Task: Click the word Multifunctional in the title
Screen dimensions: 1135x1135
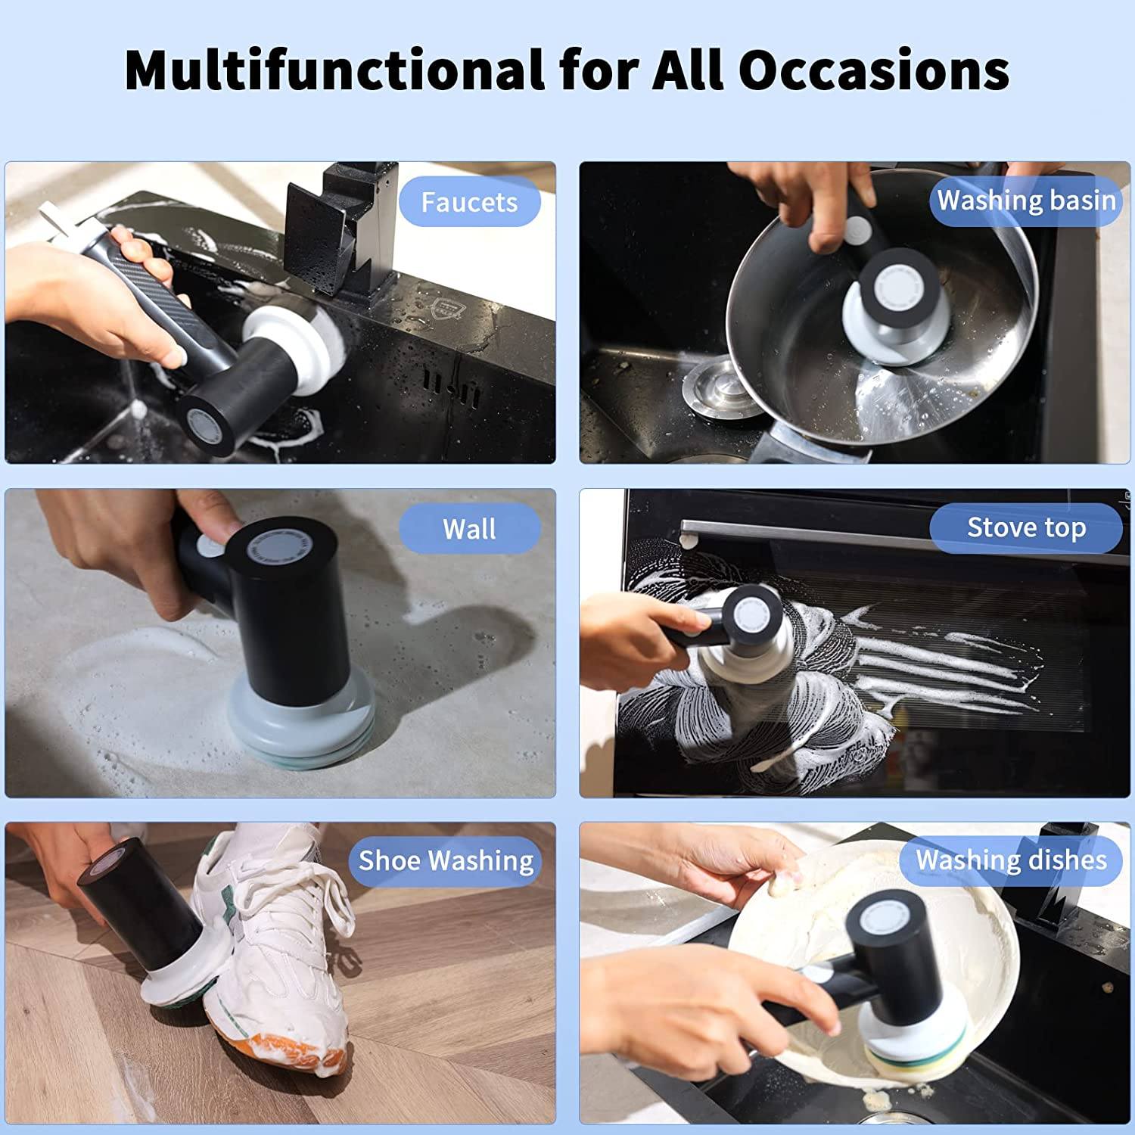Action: [334, 70]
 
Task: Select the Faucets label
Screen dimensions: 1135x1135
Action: [469, 202]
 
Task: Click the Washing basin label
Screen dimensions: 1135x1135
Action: [1026, 201]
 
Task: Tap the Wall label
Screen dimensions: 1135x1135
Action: [469, 529]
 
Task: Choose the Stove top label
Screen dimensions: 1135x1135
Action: [1026, 527]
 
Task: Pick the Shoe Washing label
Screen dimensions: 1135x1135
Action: [446, 860]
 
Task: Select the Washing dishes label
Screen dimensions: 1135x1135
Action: [1011, 860]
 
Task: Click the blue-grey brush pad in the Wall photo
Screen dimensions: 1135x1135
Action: [300, 726]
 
